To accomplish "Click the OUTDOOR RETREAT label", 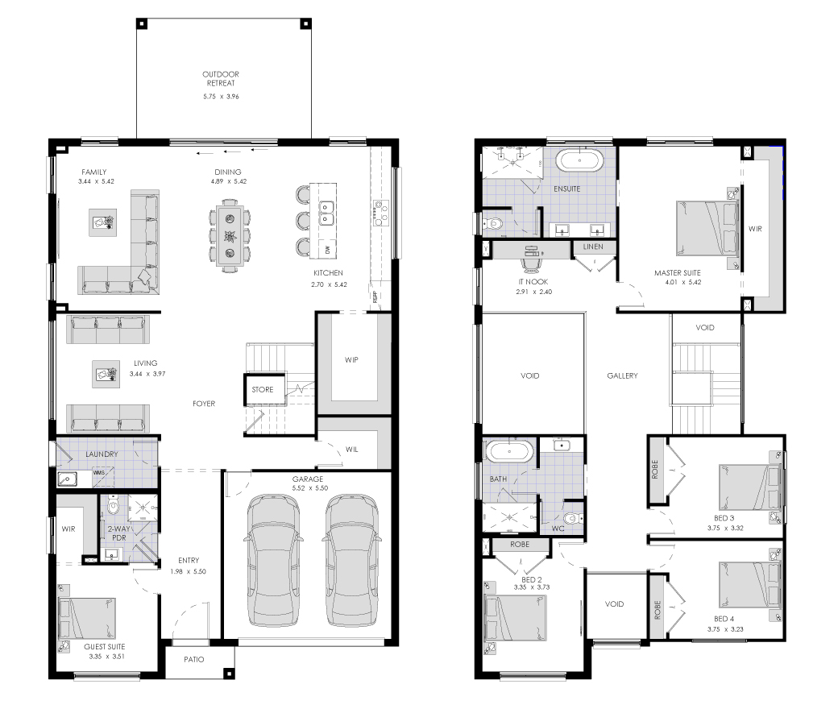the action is point(221,78).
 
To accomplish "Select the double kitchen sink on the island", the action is point(326,212).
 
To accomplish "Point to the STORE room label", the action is point(263,389).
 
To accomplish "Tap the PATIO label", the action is point(194,659).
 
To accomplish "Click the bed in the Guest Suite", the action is point(87,618).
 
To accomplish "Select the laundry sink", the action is point(68,479).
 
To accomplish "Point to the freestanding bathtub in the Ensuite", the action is point(580,160).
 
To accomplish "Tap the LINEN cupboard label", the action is point(593,247).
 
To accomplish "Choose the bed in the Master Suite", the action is point(707,228).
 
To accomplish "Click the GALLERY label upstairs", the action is point(623,375).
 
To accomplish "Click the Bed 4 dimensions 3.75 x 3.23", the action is point(725,629).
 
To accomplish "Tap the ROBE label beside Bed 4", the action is point(658,610).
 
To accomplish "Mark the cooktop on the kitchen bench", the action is point(380,213).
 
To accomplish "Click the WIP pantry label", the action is point(351,359).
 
